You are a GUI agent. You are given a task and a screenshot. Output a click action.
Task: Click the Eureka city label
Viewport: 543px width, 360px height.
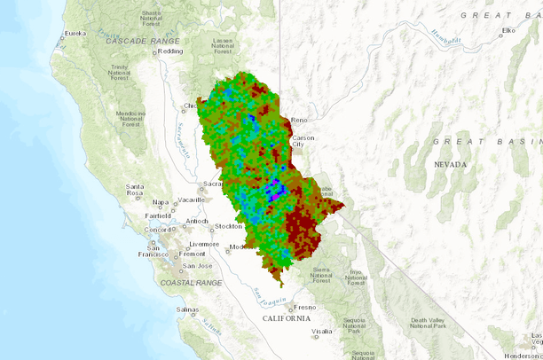point(75,33)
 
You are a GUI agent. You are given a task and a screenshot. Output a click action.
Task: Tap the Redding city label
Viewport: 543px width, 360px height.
point(170,51)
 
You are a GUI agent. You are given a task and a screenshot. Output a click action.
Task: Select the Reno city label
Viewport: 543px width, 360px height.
point(298,120)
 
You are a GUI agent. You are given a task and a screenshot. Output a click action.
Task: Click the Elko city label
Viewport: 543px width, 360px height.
point(508,31)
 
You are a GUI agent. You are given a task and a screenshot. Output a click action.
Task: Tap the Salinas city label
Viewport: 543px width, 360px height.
point(186,309)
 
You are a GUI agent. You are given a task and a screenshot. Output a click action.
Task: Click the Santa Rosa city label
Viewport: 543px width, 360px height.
point(135,190)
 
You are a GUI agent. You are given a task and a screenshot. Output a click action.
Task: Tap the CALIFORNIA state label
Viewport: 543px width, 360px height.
point(286,317)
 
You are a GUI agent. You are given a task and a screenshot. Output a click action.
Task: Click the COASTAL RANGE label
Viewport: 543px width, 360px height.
point(191,282)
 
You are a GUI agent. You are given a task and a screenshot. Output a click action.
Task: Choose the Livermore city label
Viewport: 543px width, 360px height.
point(203,244)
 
